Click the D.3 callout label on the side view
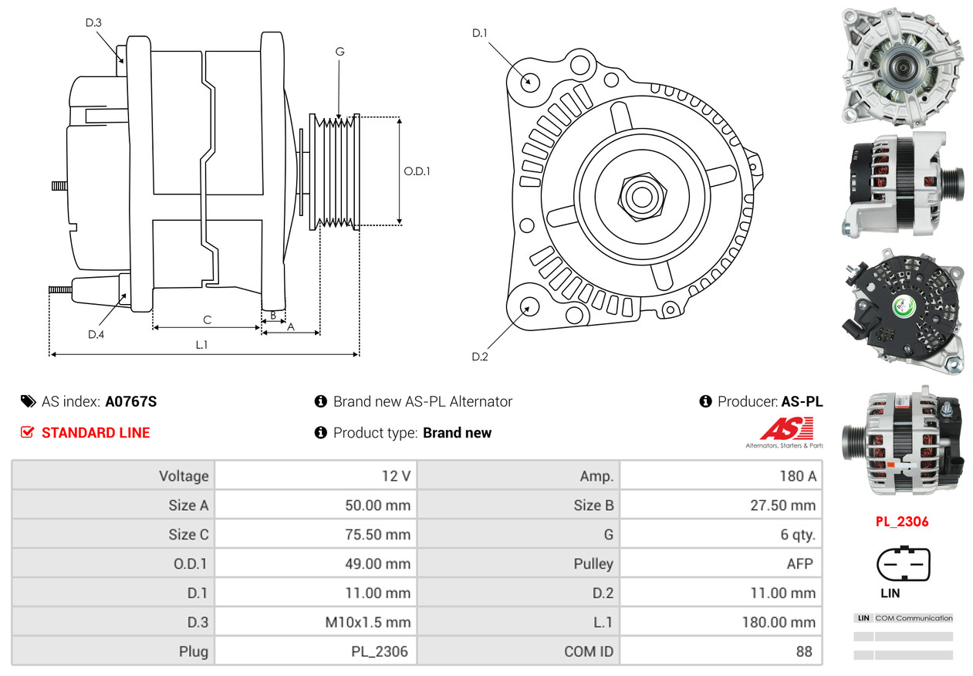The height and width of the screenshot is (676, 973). tap(93, 22)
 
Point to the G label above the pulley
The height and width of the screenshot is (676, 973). tap(340, 52)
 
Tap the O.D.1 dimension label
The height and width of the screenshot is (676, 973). tap(417, 171)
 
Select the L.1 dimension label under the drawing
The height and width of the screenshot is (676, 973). tap(201, 344)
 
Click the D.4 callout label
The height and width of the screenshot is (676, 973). tap(96, 334)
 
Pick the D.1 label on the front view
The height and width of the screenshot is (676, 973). tap(479, 33)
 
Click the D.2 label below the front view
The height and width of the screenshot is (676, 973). tap(479, 357)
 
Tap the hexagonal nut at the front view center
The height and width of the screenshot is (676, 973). tap(642, 198)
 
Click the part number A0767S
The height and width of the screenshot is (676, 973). tap(130, 401)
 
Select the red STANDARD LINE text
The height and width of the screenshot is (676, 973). tap(96, 433)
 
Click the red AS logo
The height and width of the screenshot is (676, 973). tap(786, 429)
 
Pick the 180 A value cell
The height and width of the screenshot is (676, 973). tap(798, 476)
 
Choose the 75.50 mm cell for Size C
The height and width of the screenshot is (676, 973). tap(378, 534)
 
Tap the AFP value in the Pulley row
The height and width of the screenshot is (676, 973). tap(799, 564)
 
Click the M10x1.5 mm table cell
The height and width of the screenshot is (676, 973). tap(368, 622)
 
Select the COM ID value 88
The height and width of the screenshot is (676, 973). tap(804, 651)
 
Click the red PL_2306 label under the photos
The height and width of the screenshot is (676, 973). tap(902, 522)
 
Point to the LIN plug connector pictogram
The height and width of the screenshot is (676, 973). tap(904, 563)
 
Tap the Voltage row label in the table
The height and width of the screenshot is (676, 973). tap(184, 476)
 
